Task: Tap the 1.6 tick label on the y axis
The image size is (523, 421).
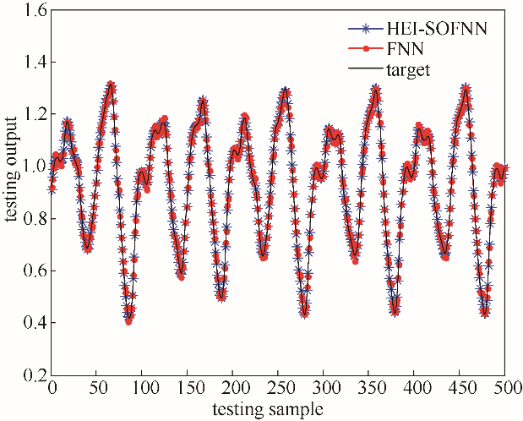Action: click(29, 10)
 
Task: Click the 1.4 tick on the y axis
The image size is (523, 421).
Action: click(29, 63)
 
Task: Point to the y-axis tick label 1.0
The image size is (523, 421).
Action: click(29, 167)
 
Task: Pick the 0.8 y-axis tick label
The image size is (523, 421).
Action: click(29, 219)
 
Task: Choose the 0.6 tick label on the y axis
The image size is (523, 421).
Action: click(29, 271)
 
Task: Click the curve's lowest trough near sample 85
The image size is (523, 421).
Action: click(129, 321)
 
